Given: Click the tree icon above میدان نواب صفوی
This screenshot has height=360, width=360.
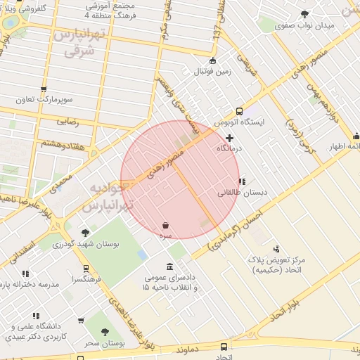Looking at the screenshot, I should (x=304, y=14).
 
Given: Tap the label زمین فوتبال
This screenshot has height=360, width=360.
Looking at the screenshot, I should (x=213, y=72).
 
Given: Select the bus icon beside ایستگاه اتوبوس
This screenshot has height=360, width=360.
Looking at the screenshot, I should (x=240, y=111).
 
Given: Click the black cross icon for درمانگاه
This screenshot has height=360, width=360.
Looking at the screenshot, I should (x=229, y=138).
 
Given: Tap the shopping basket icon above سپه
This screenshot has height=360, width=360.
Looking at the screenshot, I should (x=165, y=226).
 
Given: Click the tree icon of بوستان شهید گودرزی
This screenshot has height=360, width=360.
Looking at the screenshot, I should (x=85, y=233).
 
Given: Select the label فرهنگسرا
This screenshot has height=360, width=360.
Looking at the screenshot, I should (x=85, y=279).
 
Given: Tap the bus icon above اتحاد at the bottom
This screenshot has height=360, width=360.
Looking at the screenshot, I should (x=224, y=347).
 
